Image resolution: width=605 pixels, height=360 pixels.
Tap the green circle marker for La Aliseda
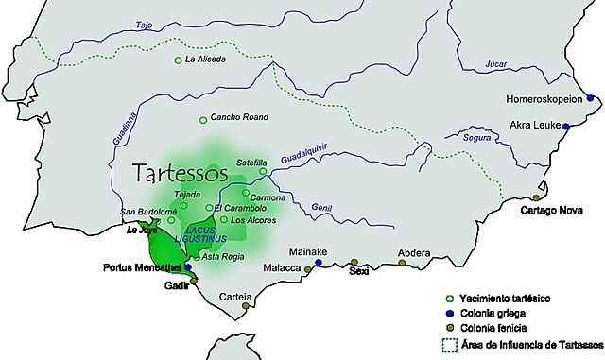179,60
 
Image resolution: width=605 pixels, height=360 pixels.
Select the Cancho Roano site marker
202,119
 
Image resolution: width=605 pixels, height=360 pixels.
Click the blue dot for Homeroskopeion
591,97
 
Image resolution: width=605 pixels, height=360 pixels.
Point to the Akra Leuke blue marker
566,126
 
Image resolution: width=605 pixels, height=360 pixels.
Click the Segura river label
479,138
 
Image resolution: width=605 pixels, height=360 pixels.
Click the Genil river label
322,208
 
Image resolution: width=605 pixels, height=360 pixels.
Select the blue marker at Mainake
319,263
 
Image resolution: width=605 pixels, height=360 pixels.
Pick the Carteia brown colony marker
246,306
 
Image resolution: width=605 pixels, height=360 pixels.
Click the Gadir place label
177,284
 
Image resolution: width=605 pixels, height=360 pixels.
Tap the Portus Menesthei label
141,267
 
